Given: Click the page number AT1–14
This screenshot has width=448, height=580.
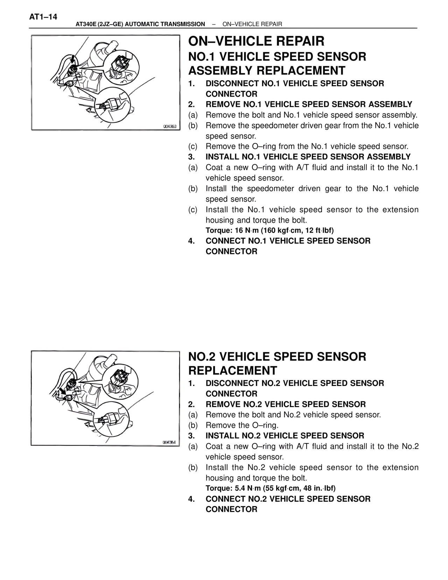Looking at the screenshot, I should coord(43,17).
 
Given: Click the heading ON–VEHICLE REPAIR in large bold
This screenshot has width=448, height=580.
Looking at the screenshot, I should coord(256,41).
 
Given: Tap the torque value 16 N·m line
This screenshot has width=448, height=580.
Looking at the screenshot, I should coord(269,230).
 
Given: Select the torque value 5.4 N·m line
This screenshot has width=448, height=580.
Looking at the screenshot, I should coord(271,488).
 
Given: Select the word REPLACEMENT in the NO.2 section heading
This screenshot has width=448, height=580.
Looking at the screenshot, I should coord(232,371).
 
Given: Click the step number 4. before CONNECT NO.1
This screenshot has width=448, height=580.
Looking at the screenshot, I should coord(191,241).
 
